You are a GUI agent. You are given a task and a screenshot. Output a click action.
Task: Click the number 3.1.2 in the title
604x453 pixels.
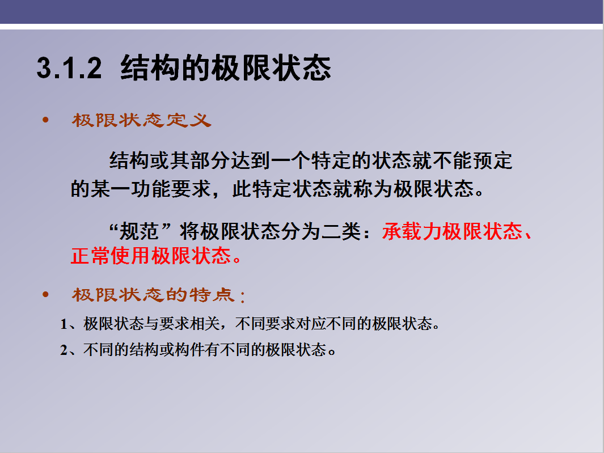[x=69, y=68]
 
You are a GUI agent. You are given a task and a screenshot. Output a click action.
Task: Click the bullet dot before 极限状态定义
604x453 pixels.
[x=45, y=120]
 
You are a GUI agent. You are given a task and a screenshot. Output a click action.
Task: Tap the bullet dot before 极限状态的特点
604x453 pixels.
[x=45, y=295]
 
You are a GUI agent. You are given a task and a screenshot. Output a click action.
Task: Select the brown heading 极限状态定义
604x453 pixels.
[x=141, y=120]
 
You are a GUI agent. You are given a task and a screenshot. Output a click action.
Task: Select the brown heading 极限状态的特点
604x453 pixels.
[x=153, y=295]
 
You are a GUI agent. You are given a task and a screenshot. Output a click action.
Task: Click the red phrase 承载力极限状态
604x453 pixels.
[x=452, y=231]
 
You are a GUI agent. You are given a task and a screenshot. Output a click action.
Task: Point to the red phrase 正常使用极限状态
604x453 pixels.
[x=151, y=256]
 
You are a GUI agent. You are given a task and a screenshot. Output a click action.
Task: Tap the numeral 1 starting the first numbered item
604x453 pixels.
[x=64, y=324]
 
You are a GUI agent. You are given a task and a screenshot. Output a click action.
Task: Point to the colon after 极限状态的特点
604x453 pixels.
[x=242, y=297]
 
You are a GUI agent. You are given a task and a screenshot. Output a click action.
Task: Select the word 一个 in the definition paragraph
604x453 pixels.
[x=291, y=160]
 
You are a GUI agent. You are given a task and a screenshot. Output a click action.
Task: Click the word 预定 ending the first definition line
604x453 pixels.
[x=492, y=160]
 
